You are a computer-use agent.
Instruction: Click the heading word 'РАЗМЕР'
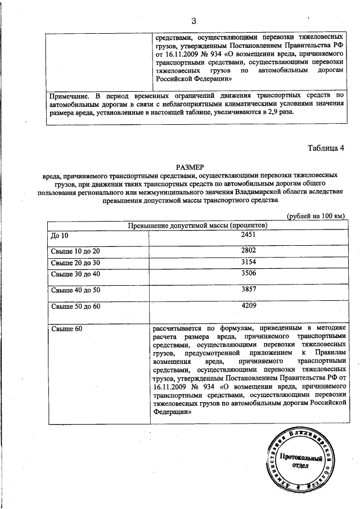coord(192,167)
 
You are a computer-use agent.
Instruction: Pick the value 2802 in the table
coord(248,251)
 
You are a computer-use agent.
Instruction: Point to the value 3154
coord(248,262)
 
